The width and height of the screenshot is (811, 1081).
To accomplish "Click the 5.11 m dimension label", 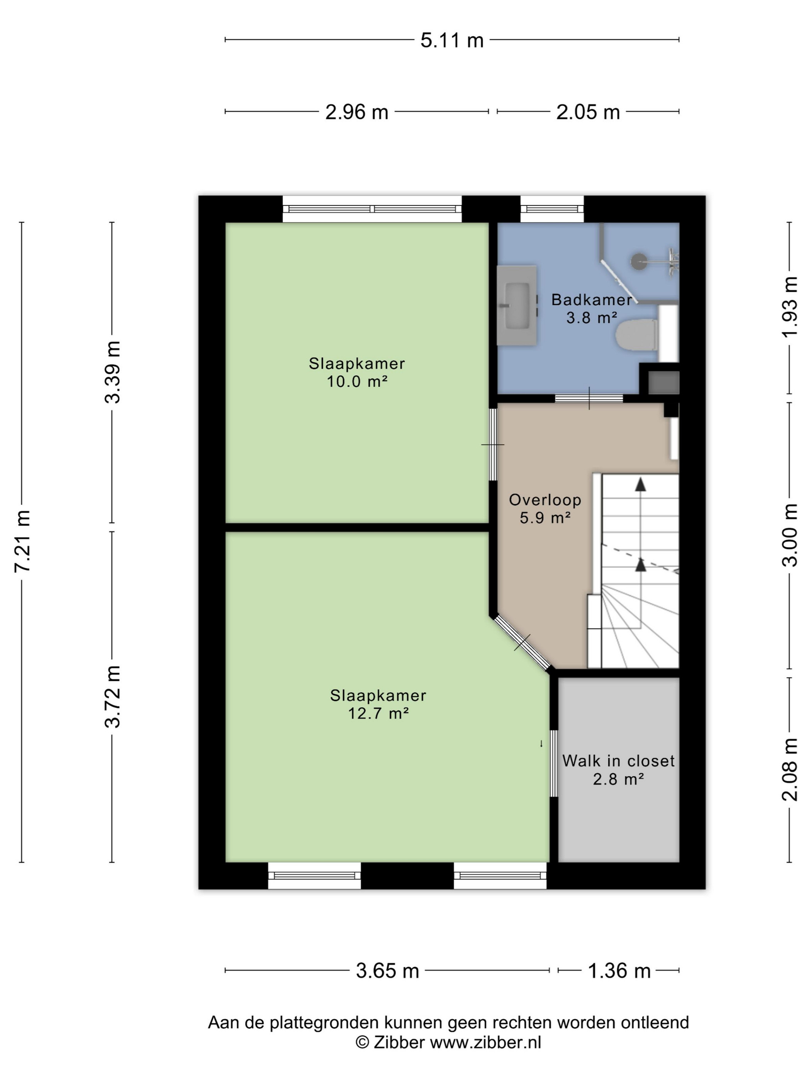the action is point(452,40).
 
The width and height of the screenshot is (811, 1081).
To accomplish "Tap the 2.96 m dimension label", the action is point(357,112).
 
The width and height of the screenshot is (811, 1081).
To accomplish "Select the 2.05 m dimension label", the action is point(588,112).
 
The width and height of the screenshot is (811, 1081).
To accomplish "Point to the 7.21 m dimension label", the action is point(22,540).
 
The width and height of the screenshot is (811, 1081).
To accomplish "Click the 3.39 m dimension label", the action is point(112,372).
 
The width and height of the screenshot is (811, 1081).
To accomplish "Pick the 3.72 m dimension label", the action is point(112,697).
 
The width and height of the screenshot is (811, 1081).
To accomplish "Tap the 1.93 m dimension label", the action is point(789,307).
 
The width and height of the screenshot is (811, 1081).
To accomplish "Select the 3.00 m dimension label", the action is point(789,535).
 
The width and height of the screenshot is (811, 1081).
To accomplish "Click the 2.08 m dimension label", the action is point(789,770).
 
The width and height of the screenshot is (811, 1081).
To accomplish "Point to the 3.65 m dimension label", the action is point(388,971).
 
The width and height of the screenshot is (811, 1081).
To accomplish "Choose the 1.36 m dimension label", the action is point(619,971).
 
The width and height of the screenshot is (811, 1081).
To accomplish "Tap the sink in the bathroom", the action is point(517,306).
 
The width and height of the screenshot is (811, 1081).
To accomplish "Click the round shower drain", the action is point(639,261).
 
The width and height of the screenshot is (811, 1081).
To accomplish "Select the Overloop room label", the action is point(545,500).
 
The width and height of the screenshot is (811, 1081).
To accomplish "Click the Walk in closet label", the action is point(618,761).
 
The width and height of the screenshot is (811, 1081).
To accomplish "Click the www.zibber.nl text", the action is point(485,1042).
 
